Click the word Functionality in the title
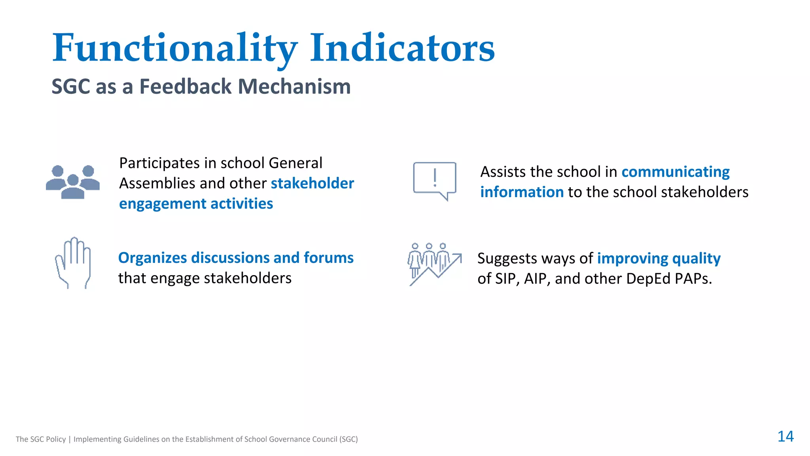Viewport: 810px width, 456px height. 174,48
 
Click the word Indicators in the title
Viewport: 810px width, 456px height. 402,48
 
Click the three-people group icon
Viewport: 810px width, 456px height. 73,182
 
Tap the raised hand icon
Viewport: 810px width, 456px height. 74,262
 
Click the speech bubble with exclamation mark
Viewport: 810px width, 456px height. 435,180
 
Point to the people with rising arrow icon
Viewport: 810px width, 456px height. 434,264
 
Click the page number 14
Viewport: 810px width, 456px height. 785,436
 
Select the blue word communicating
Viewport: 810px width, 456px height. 675,172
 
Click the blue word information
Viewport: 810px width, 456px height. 522,192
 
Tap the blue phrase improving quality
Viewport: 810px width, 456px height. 659,258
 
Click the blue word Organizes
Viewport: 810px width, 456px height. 152,258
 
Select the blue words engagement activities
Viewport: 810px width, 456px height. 196,204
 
